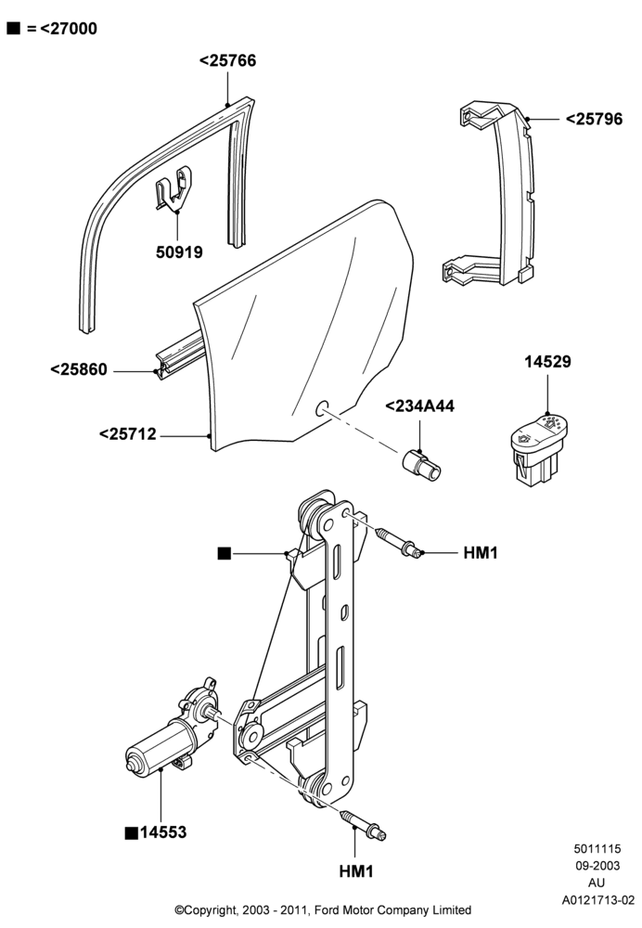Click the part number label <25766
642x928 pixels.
pos(228,61)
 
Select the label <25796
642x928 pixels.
pos(594,119)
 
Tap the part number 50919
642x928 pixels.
pos(179,252)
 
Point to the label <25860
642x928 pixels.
pos(79,370)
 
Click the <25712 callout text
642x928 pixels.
pos(128,434)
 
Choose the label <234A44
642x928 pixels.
pos(420,406)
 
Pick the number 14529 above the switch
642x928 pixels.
pos(548,362)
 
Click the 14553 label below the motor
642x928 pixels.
pos(163,832)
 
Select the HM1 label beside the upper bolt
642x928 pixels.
pos(481,553)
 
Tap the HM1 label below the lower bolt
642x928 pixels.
pos(356,871)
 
